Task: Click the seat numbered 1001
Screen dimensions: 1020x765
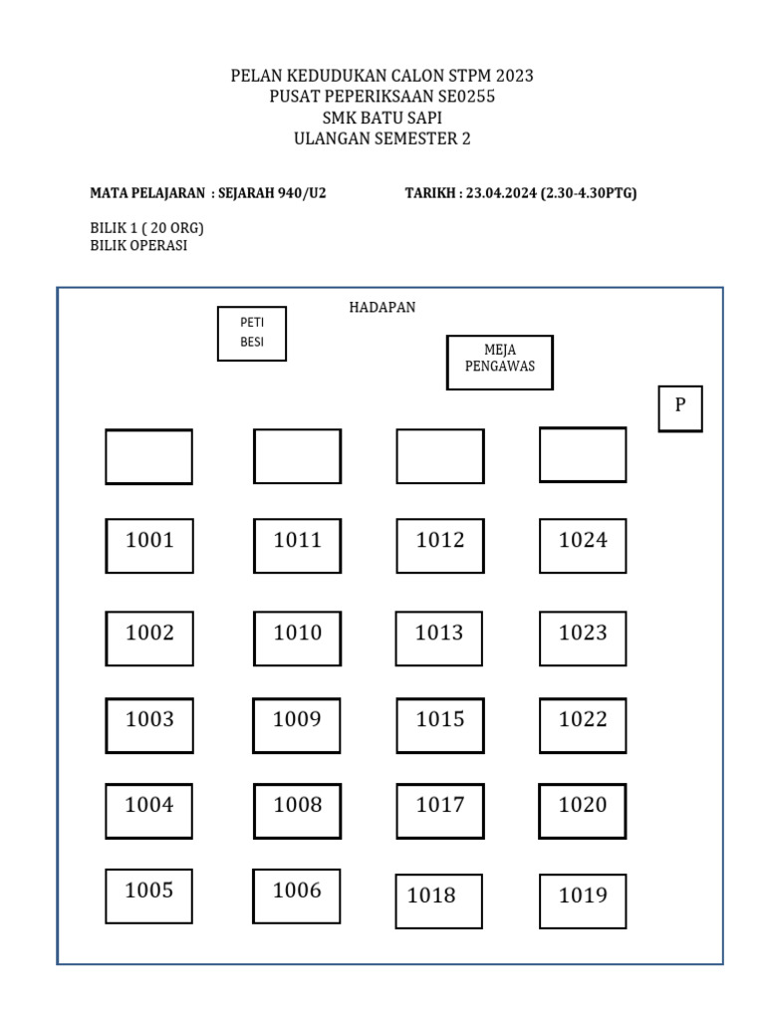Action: (x=149, y=545)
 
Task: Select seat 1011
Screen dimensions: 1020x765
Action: (x=297, y=545)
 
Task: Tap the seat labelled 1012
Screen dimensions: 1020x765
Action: (x=440, y=545)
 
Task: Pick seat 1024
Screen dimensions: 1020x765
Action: (x=583, y=545)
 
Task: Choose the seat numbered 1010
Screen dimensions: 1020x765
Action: (x=297, y=637)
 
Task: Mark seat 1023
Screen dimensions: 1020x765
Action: (x=583, y=637)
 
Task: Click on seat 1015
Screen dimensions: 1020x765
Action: (x=440, y=724)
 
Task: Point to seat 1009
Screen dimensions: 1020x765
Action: (x=297, y=724)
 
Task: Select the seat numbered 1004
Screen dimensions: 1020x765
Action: (x=149, y=810)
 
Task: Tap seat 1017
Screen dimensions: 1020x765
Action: (x=440, y=810)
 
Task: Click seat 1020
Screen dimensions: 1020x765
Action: (x=583, y=810)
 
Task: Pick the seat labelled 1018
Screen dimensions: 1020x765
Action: (x=438, y=900)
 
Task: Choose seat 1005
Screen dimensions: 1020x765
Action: (x=149, y=895)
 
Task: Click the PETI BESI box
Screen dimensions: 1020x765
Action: (x=252, y=333)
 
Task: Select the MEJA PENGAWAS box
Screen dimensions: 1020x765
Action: (x=499, y=362)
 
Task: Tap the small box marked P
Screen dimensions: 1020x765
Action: (x=680, y=408)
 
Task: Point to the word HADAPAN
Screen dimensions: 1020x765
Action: (x=382, y=308)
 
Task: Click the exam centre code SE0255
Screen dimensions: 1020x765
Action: (x=459, y=97)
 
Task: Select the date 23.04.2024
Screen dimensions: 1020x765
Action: (x=501, y=193)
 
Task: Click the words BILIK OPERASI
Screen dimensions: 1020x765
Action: (x=138, y=245)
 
